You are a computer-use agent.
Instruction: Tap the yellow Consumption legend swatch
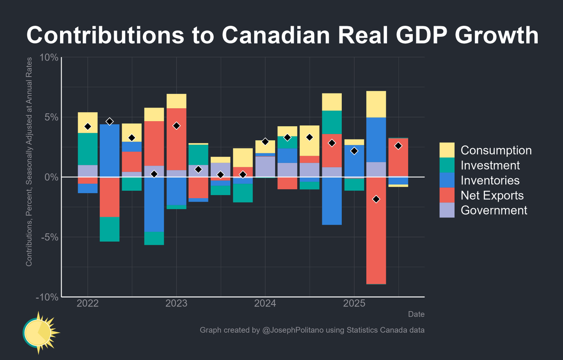pos(447,150)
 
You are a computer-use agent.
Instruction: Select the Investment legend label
pos(490,165)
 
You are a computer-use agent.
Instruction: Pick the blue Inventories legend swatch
pos(447,180)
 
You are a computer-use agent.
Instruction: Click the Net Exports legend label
pos(492,195)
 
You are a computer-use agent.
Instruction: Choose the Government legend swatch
pos(447,210)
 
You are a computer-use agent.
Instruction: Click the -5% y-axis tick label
pos(49,237)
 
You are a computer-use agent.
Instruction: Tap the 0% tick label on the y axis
pos(51,177)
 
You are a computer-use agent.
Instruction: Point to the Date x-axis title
pos(416,314)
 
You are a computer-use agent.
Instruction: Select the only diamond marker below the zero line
pos(376,199)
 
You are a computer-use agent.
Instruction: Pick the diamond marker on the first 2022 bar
pos(88,126)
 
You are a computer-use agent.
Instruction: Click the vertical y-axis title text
pos(29,162)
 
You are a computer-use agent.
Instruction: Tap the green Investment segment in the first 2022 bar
pos(88,149)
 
